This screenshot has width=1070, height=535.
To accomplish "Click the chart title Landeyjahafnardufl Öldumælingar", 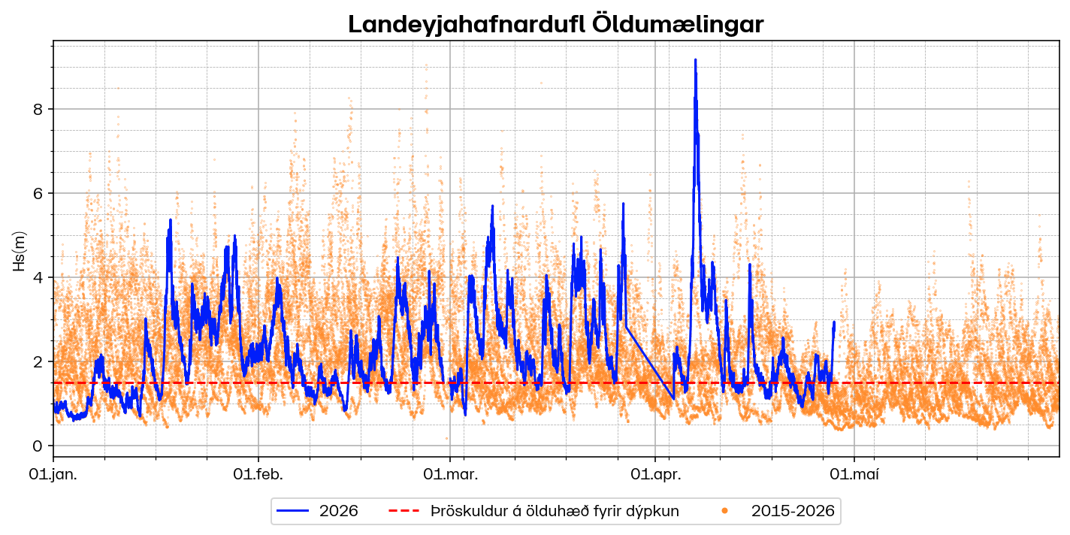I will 555,24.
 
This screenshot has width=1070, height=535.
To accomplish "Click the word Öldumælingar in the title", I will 678,24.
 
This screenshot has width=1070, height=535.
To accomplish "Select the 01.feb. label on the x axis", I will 258,473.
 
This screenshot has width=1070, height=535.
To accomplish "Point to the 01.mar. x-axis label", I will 451,473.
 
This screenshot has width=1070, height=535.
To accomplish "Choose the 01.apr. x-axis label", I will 656,473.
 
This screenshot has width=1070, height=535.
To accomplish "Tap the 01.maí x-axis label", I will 854,473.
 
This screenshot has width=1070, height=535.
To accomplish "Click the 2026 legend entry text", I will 338,512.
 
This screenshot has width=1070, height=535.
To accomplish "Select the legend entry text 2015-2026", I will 793,512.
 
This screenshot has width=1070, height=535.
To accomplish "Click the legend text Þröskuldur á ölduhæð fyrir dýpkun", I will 555,512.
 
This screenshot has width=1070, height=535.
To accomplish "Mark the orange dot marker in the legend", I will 724,511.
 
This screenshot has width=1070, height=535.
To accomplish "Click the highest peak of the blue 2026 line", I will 695,60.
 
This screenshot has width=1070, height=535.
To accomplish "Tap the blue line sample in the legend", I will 293,511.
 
